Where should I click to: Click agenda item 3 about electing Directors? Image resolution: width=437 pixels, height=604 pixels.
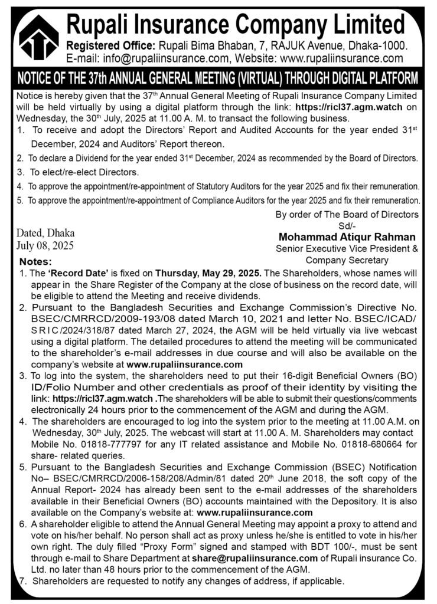tap(77, 172)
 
